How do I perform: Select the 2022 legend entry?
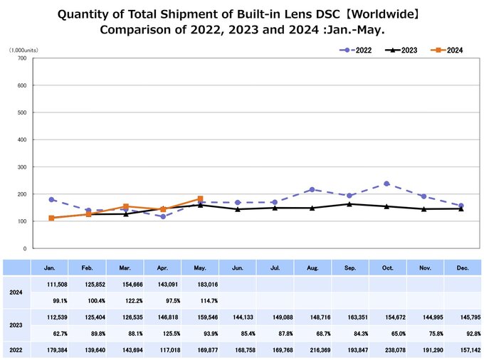(354, 50)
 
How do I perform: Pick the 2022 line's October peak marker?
(386, 184)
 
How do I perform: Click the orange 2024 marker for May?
(201, 198)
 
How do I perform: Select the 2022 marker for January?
(51, 200)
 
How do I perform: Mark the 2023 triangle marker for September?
(349, 204)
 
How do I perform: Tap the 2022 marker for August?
(312, 190)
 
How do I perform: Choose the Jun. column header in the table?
(238, 268)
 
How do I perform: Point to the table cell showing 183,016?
(201, 285)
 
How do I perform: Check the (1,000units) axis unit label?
(23, 50)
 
